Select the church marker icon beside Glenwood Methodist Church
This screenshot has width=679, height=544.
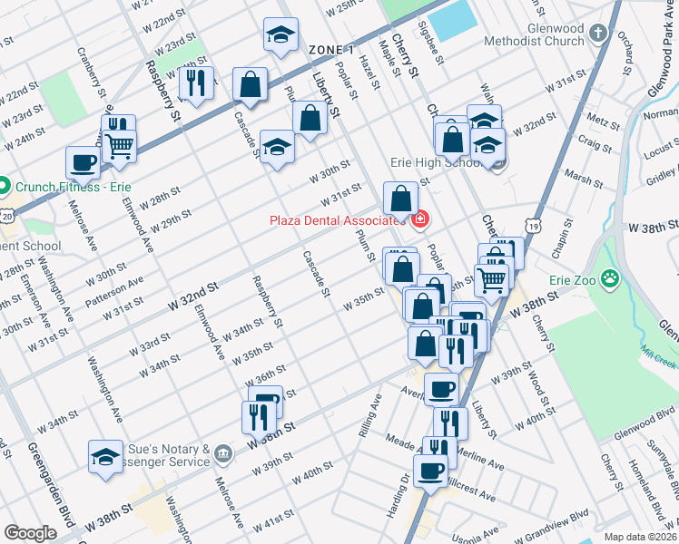[597, 34]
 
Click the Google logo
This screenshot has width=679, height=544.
[30, 532]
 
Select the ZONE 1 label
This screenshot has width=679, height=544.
[331, 48]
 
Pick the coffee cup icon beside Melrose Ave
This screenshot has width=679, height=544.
[83, 163]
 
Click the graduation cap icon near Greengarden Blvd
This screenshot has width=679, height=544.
[106, 456]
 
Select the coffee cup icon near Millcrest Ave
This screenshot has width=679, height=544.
[429, 471]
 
